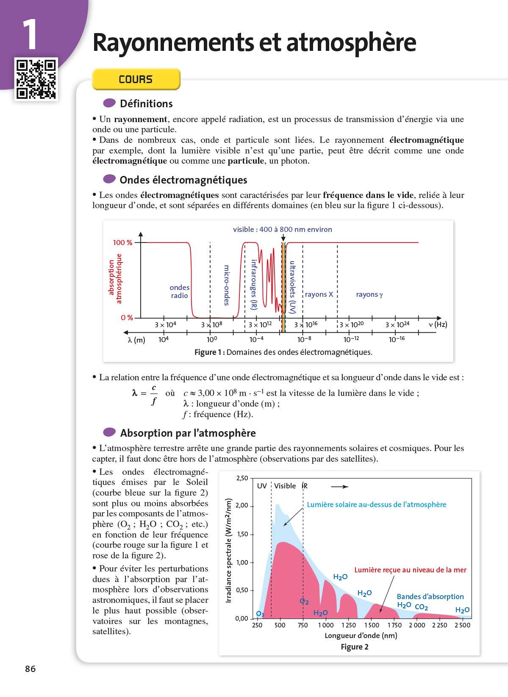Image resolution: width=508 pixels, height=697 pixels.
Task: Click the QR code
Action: click(36, 79)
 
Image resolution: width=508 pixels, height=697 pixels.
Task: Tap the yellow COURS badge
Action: click(136, 79)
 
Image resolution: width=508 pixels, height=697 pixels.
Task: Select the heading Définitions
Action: click(146, 104)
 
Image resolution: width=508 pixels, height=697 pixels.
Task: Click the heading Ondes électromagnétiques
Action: click(183, 180)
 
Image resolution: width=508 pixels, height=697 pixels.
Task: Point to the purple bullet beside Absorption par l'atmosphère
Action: click(109, 432)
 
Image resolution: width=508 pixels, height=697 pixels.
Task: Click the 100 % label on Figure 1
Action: click(122, 243)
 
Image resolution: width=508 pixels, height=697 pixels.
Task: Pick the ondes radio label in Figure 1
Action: click(179, 292)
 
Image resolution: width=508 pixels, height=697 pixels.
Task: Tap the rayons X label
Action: click(319, 294)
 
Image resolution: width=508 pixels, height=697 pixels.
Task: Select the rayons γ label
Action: click(369, 294)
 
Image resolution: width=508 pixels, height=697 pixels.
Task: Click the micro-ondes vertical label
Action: click(227, 285)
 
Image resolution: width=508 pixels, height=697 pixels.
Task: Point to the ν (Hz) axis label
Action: click(438, 324)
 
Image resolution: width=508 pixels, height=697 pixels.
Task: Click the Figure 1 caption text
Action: click(283, 352)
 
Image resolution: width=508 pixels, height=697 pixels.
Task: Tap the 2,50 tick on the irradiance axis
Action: click(242, 478)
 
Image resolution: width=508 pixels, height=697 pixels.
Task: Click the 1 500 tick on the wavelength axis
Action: click(372, 625)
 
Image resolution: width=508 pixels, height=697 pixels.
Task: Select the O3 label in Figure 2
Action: click(260, 614)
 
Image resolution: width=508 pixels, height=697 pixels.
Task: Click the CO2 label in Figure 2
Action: click(421, 607)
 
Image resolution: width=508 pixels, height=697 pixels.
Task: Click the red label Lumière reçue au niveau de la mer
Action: click(410, 570)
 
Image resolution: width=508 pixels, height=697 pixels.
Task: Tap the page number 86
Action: click(31, 669)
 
